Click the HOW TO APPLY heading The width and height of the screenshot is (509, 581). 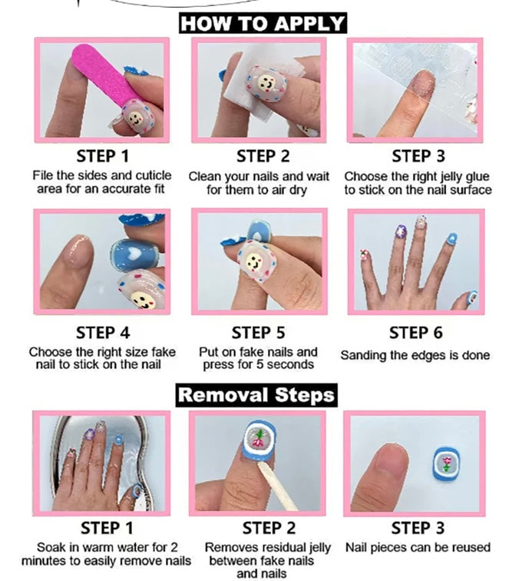click(263, 23)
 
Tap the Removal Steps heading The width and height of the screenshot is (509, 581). click(256, 395)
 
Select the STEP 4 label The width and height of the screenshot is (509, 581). click(103, 333)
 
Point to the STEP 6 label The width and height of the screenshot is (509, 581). click(415, 333)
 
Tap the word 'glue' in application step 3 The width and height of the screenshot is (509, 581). click(475, 177)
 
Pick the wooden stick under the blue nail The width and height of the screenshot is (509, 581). click(277, 486)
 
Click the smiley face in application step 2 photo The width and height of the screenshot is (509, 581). click(266, 83)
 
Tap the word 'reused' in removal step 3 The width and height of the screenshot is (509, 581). click(471, 547)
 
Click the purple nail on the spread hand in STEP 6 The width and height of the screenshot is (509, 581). click(401, 231)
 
